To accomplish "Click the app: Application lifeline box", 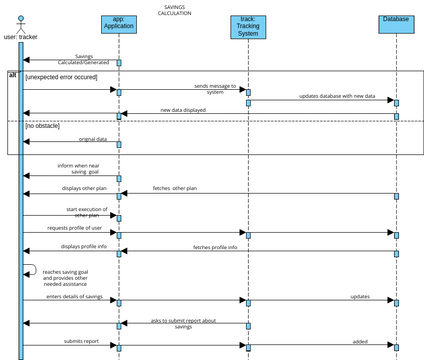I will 119,25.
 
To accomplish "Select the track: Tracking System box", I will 247,27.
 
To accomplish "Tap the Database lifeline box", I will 395,23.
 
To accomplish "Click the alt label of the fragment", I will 13,75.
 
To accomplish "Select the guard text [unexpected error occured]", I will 61,77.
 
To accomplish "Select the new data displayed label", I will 183,110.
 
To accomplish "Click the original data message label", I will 93,139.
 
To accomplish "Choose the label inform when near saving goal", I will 77,168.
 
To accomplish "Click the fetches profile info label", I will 215,247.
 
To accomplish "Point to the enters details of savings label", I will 75,296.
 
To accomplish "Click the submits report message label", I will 82,341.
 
